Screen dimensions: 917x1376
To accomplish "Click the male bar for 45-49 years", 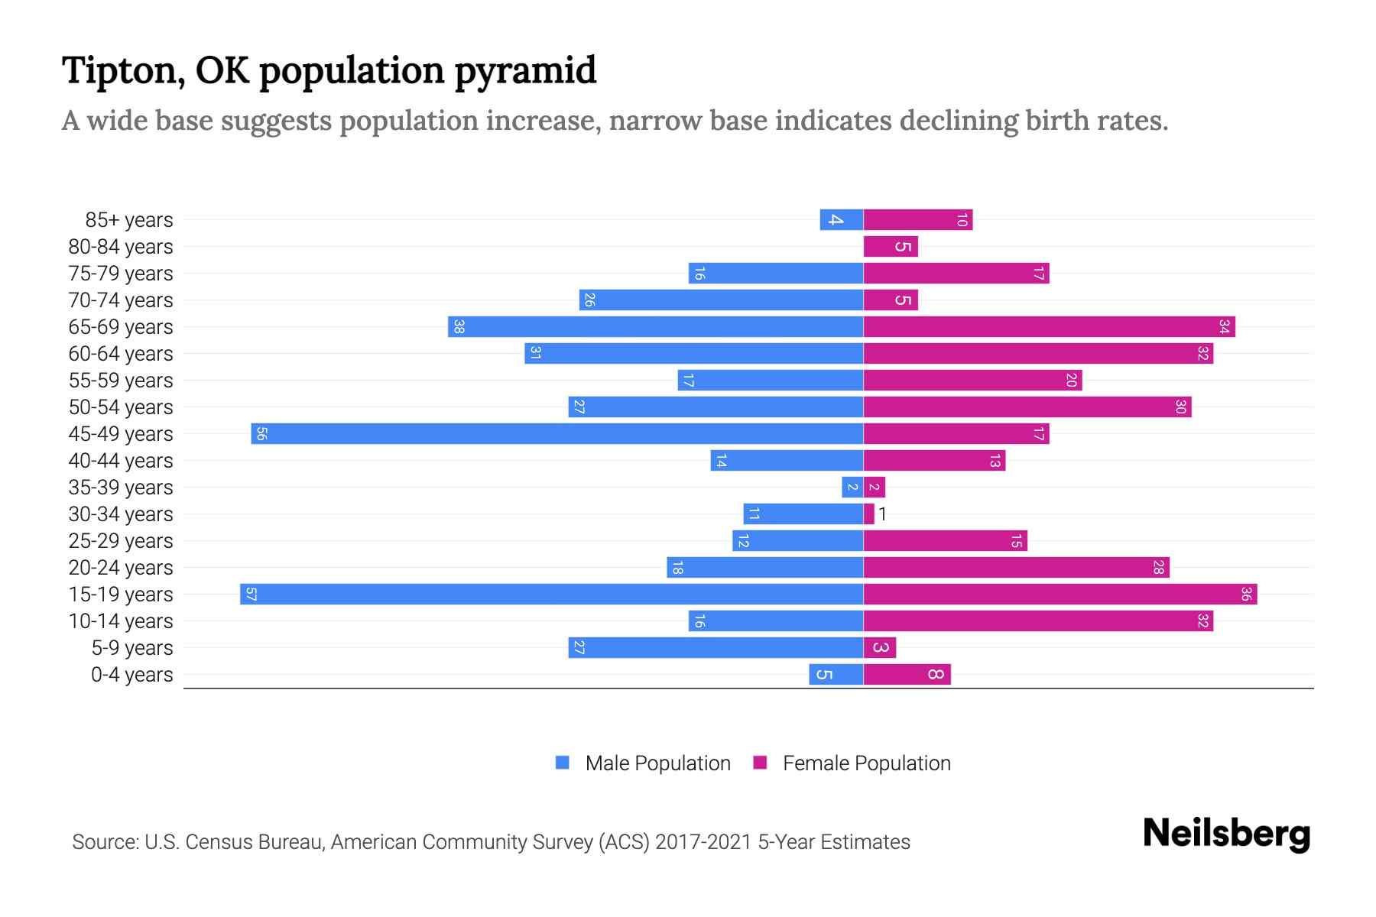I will tap(557, 434).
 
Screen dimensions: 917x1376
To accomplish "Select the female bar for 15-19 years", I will tap(1060, 595).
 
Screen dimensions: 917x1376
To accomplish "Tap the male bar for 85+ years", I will tap(842, 220).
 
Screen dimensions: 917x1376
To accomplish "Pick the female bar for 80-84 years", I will tap(891, 247).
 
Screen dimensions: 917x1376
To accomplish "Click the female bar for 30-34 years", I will tap(869, 514).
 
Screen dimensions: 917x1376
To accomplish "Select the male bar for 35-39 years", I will tap(852, 488).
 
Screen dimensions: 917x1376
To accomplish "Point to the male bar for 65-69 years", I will tap(656, 327).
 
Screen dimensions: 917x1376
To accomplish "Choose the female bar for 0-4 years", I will tap(907, 675).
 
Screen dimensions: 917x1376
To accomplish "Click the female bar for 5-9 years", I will tap(880, 648).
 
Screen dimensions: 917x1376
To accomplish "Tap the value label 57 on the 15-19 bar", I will tap(251, 595).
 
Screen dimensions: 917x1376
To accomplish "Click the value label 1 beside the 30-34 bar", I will tap(882, 514).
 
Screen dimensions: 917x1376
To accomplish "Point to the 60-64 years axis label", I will tap(121, 354).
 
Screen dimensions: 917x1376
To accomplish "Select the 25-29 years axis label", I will tap(121, 541).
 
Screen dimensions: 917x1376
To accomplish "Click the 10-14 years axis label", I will tap(121, 621).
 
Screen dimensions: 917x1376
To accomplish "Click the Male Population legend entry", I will tap(657, 763).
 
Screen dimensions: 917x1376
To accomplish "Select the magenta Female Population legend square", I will tap(760, 763).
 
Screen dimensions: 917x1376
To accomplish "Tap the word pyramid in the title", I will tap(525, 71).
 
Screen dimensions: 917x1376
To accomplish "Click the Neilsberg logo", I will tap(1226, 833).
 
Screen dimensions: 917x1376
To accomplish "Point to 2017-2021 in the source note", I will tap(703, 842).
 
